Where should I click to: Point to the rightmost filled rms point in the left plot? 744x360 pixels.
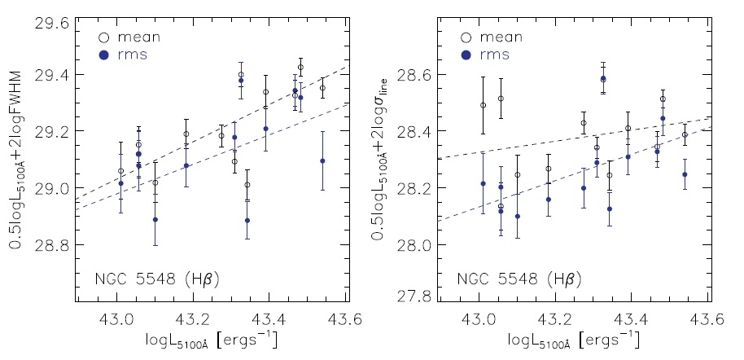(322, 160)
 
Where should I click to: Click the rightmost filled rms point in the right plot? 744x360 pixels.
(685, 174)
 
